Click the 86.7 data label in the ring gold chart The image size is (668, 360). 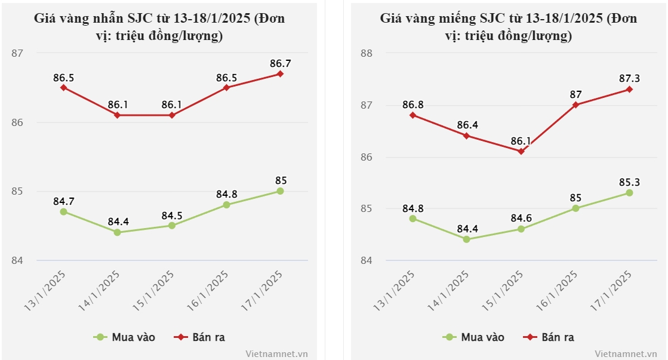click(280, 63)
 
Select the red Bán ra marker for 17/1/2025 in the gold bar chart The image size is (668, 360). click(629, 90)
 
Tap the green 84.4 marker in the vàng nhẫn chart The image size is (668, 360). click(118, 232)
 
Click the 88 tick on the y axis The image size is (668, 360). click(367, 53)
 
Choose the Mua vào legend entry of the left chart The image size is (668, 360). click(125, 337)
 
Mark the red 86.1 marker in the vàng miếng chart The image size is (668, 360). click(521, 151)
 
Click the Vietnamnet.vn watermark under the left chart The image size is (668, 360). click(276, 353)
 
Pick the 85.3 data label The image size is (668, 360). click(629, 181)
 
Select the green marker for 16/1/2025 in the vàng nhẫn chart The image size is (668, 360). click(226, 205)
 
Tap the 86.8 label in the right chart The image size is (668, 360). click(413, 104)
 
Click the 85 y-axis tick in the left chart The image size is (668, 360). click(17, 192)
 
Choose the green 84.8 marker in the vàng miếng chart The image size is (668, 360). click(413, 219)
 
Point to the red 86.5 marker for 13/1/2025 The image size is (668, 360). click(63, 88)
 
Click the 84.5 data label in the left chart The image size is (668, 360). click(172, 215)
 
